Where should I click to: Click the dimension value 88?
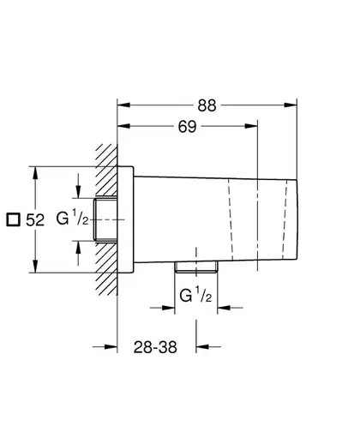click(x=207, y=105)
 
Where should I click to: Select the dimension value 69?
click(x=187, y=126)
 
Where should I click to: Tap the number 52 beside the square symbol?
click(x=35, y=220)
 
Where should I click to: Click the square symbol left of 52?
click(x=14, y=220)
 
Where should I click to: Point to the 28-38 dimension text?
click(x=155, y=347)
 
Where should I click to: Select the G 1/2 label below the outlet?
click(x=195, y=295)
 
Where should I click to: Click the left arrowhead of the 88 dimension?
click(x=123, y=105)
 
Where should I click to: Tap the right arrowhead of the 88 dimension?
click(x=291, y=105)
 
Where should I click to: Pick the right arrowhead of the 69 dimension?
click(x=251, y=126)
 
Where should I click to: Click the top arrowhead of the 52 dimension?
click(x=35, y=173)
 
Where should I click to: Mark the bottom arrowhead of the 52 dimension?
click(x=35, y=267)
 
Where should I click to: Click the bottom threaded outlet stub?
click(x=196, y=267)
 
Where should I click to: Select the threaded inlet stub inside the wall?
click(x=105, y=219)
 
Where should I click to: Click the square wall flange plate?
click(x=125, y=219)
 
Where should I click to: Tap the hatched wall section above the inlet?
click(x=106, y=170)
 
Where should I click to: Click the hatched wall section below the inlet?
click(x=106, y=268)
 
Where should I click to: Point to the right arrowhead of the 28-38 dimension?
click(x=202, y=347)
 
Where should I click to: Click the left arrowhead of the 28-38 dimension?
click(x=111, y=347)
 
